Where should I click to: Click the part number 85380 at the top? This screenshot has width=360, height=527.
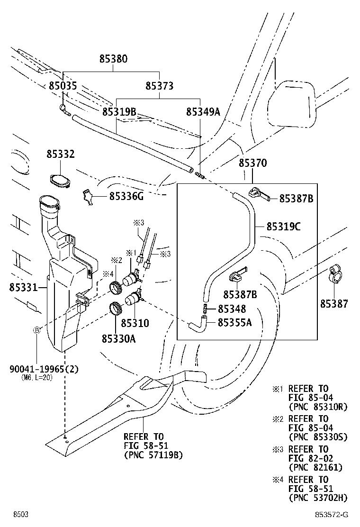(113, 59)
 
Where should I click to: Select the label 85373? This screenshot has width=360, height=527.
(159, 86)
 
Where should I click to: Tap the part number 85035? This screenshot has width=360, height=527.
(63, 86)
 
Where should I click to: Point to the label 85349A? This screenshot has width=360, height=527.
(203, 112)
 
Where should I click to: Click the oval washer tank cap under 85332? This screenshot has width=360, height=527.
(60, 181)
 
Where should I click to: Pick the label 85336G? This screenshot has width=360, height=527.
(126, 196)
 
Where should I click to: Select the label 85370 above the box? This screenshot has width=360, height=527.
(252, 163)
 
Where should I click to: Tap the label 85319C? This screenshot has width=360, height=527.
(283, 227)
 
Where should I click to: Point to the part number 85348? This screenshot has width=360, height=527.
(232, 309)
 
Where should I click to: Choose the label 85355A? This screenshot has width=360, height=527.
(234, 322)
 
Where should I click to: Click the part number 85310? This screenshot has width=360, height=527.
(135, 323)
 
